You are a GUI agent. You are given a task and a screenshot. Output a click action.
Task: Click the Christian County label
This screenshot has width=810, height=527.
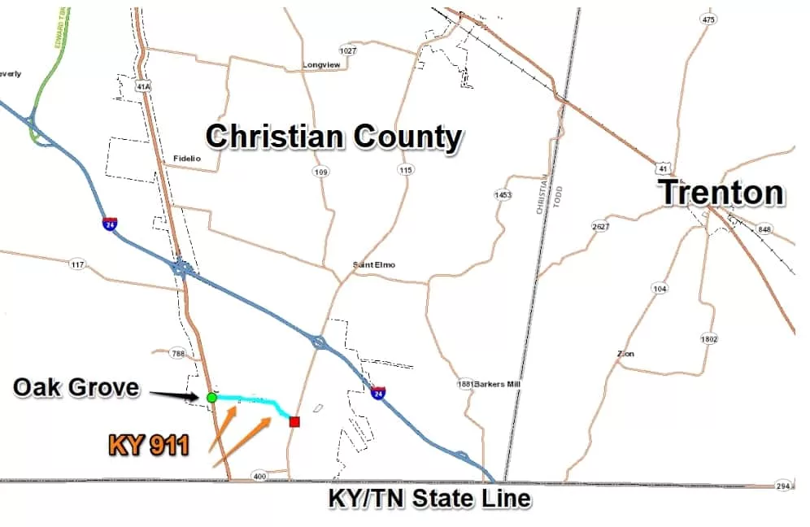[333, 137]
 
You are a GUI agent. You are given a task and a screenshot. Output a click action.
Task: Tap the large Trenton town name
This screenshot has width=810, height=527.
[721, 193]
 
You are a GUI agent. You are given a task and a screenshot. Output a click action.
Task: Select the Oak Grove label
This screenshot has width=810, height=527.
[76, 387]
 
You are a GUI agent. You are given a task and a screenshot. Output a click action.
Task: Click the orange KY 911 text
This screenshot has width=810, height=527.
[149, 444]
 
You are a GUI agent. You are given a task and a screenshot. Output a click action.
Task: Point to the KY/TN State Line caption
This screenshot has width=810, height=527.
[429, 498]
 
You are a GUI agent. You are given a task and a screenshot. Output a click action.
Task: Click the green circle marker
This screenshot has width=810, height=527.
[211, 398]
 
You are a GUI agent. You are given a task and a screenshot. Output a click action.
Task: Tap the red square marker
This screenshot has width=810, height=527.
[294, 421]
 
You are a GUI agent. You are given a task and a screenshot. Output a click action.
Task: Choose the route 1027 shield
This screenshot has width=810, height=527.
[348, 50]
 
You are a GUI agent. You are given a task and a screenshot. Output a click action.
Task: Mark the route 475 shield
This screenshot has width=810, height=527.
[709, 19]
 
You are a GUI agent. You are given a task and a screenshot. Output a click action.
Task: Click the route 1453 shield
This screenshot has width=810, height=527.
[503, 195]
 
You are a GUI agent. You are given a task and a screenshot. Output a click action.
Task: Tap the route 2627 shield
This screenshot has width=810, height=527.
[601, 226]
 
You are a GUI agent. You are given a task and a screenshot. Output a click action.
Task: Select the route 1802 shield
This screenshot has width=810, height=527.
[709, 338]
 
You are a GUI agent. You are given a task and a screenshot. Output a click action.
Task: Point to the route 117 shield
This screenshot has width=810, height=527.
[78, 264]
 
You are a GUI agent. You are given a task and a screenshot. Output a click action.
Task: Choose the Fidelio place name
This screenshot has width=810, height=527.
[187, 158]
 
